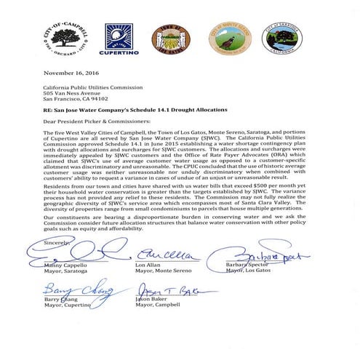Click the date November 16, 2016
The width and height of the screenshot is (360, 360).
[x=73, y=73]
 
